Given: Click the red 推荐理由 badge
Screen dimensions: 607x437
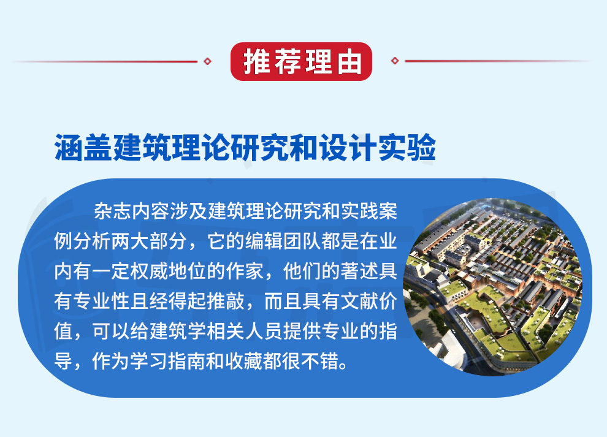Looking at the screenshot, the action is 301,61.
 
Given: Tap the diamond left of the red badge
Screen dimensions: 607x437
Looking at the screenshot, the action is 207,61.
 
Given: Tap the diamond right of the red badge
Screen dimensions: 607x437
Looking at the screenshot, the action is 395,61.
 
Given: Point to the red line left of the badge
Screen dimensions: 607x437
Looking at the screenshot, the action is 104,61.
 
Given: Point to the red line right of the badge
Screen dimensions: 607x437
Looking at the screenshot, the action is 498,61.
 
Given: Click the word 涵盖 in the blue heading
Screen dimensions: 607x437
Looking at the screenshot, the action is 83,148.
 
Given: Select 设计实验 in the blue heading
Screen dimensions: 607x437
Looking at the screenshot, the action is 378,148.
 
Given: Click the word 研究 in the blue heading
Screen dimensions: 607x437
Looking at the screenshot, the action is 260,148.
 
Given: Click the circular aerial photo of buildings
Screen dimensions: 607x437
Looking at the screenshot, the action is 493,287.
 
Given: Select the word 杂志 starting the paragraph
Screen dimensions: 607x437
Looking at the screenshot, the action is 113,211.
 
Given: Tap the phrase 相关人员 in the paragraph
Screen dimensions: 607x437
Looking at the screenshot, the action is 245,332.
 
